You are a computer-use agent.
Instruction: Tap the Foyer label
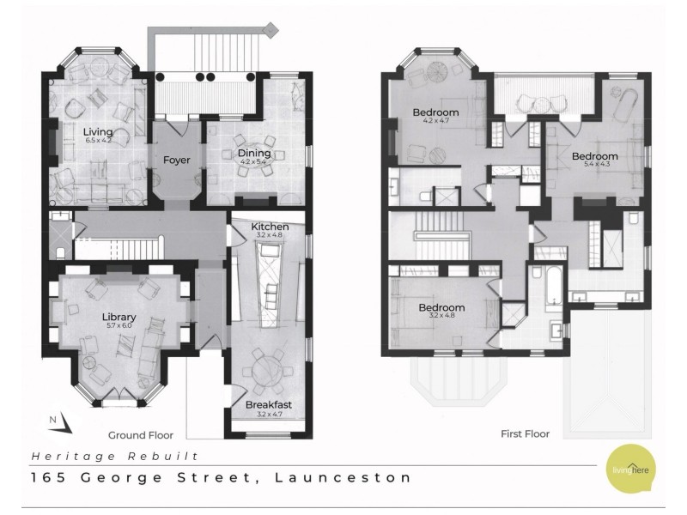[x=176, y=160]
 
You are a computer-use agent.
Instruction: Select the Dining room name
[x=253, y=153]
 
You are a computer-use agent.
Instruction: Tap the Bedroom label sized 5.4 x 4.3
[x=595, y=156]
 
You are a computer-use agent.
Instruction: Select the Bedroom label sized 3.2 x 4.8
[x=441, y=307]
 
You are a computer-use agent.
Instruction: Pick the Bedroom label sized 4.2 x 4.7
[x=435, y=112]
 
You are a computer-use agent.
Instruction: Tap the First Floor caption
[x=525, y=434]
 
